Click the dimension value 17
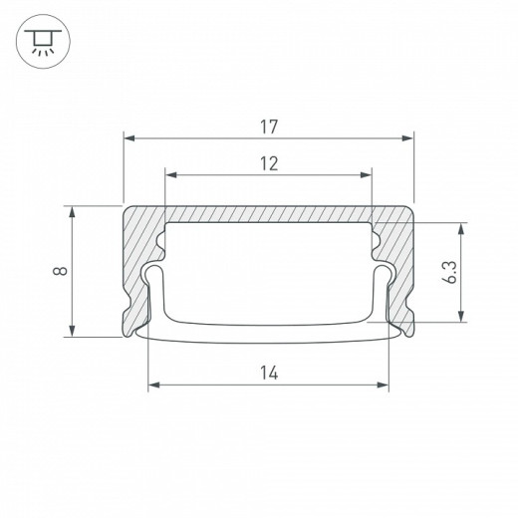point(268,128)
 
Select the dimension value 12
point(268,163)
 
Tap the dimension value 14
point(268,373)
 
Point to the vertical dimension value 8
point(62,271)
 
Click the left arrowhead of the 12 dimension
point(170,175)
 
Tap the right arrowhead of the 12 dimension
point(367,175)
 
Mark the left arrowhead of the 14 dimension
point(153,385)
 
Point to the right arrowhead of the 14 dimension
point(384,385)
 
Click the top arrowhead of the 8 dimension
point(74,211)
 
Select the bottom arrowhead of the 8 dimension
point(74,332)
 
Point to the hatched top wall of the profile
point(268,214)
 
